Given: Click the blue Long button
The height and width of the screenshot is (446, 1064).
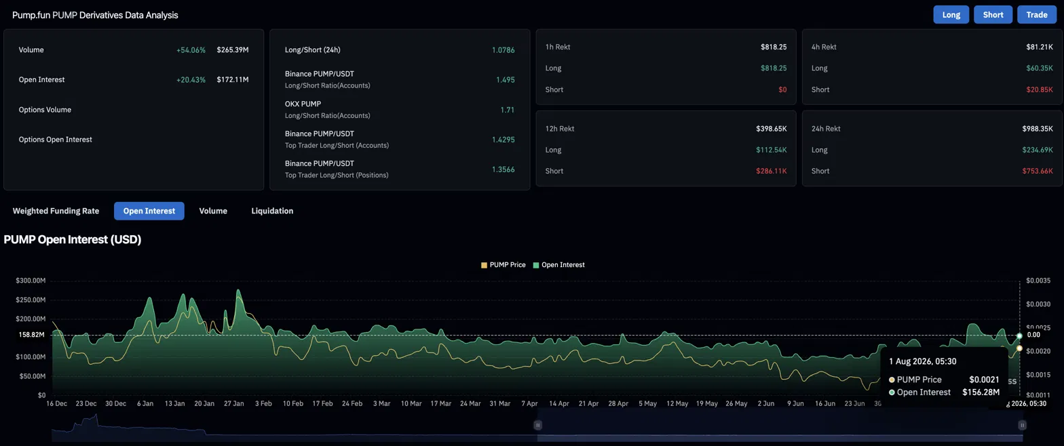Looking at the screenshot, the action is click(x=951, y=15).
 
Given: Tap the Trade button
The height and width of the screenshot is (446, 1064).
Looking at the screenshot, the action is click(x=1036, y=15).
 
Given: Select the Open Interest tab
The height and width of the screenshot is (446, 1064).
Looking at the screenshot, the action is click(x=149, y=211).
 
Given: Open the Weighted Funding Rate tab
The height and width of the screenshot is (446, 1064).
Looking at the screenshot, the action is click(x=56, y=211).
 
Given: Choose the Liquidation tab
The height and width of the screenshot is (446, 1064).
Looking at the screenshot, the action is click(x=272, y=211).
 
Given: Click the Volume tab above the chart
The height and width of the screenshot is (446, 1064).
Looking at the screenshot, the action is click(x=213, y=211).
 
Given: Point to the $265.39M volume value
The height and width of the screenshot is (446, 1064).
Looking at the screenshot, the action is click(x=233, y=50).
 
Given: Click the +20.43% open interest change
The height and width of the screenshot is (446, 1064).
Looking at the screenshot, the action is click(x=191, y=80).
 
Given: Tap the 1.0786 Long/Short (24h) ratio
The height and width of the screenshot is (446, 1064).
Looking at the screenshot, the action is click(x=503, y=50).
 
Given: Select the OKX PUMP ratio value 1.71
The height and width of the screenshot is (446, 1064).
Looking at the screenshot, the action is click(x=508, y=110).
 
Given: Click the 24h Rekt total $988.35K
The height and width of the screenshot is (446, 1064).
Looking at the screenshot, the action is click(x=1038, y=129).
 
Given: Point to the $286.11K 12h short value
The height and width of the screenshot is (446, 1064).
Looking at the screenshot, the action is click(x=772, y=171).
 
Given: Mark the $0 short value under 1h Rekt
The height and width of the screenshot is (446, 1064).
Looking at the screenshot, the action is click(x=782, y=89).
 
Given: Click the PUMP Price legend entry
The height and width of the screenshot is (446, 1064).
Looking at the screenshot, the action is click(x=503, y=265).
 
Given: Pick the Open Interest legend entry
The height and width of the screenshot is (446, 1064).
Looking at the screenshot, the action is click(x=559, y=265).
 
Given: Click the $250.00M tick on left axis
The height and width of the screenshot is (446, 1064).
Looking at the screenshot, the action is click(x=31, y=300).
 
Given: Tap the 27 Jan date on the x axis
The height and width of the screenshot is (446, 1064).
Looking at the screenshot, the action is click(x=233, y=403).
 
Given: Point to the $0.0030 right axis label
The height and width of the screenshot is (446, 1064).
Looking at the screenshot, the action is click(x=1038, y=304).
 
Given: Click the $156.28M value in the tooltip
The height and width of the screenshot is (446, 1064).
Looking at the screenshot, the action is click(x=981, y=392).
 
